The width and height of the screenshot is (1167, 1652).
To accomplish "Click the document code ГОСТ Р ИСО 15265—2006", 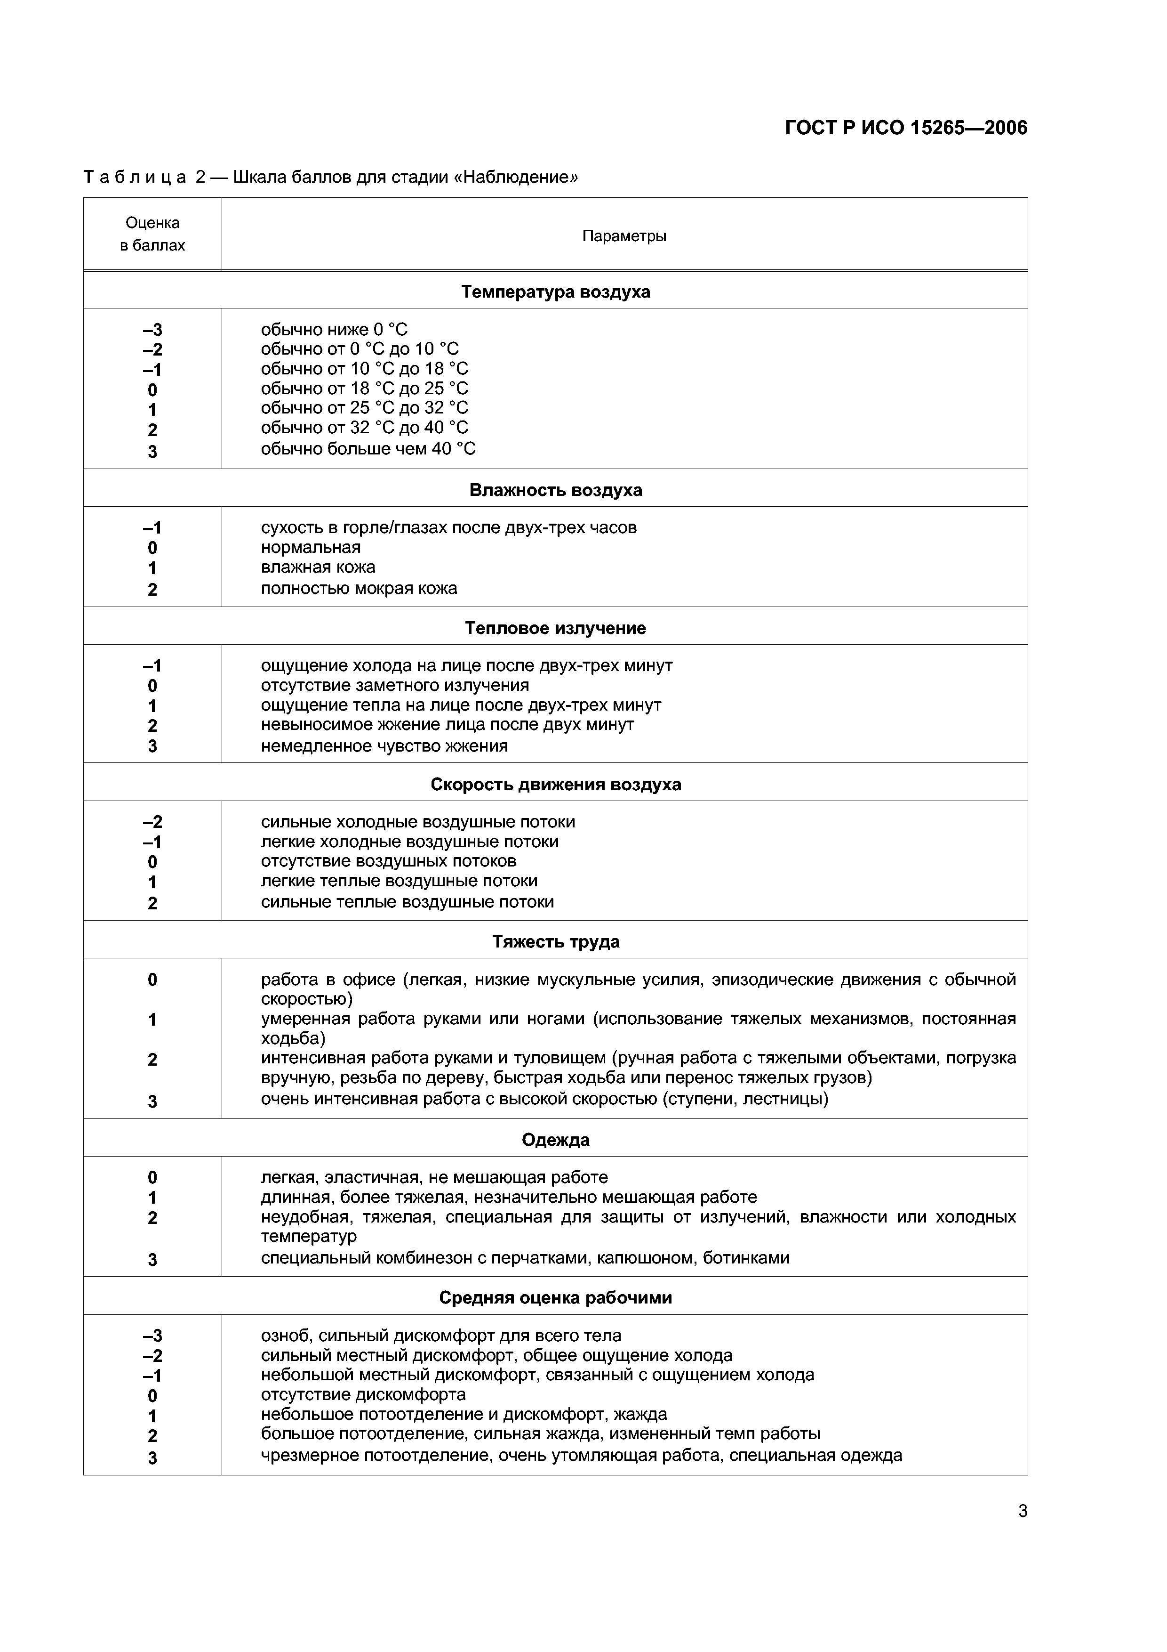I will coord(906,128).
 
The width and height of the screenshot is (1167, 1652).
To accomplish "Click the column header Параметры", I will coord(623,236).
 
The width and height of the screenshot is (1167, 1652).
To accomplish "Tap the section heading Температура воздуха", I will coord(555,292).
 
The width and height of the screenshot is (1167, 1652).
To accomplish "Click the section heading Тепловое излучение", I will coord(555,628).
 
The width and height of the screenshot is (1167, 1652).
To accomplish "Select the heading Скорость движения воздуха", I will coord(555,784).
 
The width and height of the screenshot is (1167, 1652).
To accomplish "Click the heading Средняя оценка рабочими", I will coord(555,1297).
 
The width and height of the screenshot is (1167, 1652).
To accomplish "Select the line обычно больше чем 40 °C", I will coord(368,449).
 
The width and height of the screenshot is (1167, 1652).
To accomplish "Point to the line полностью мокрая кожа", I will coord(359,589).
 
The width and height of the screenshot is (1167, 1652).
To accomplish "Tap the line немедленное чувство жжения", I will coord(384,746).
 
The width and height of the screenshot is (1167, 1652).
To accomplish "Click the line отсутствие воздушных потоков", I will coord(388,861).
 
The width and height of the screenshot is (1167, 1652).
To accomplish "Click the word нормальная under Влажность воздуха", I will coord(311,548).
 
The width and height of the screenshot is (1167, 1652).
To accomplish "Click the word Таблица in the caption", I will coord(135,177).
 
